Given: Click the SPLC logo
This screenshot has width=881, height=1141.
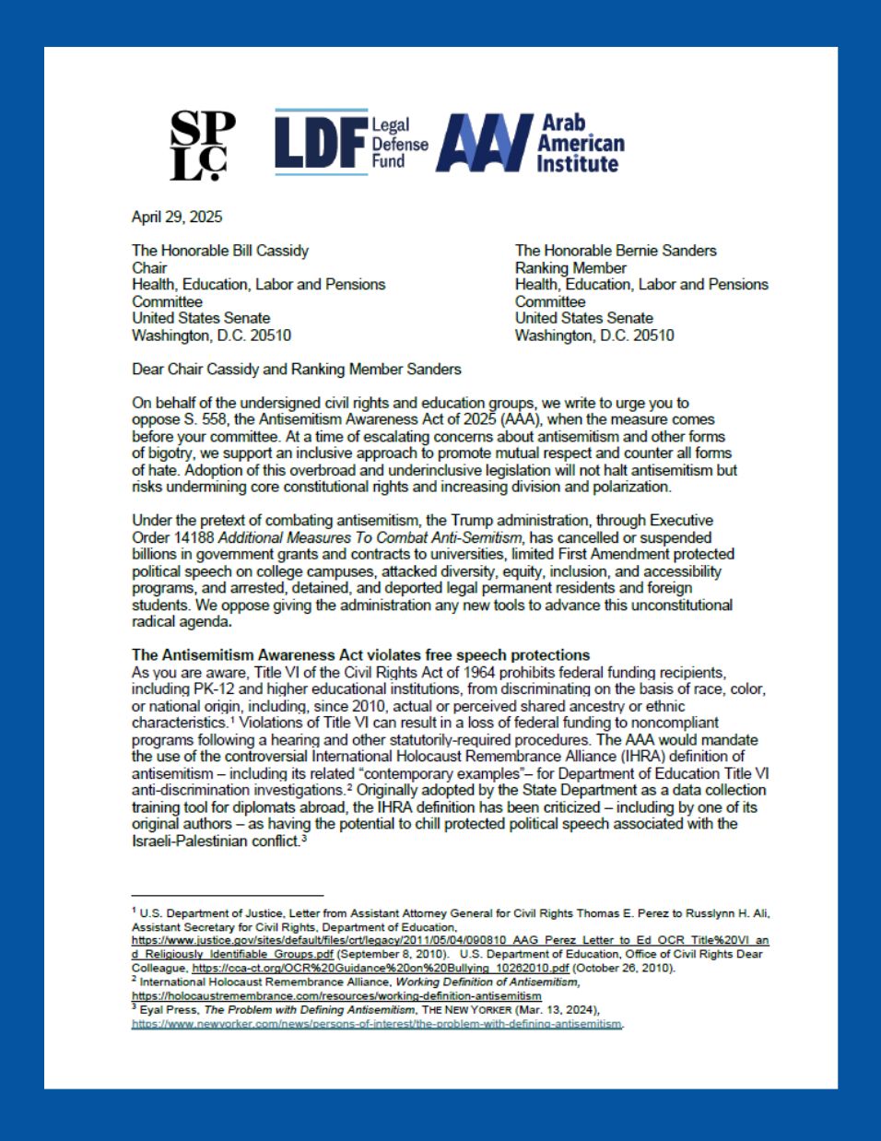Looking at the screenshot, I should tap(202, 145).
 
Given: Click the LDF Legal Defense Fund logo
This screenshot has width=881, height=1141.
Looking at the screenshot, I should tap(351, 143).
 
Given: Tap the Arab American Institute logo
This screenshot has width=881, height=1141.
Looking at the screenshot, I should tap(531, 143).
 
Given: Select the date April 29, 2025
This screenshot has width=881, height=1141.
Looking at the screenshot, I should tap(177, 218).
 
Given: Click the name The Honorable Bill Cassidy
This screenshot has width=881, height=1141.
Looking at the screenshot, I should tap(220, 251).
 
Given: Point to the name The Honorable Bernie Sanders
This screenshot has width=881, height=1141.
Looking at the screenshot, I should tap(616, 251).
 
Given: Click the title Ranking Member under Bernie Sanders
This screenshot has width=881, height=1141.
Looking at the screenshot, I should tap(570, 268).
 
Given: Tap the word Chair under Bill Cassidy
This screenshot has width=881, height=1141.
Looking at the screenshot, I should tap(149, 268).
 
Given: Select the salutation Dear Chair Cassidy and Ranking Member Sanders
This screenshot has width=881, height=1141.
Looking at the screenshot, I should tap(297, 370).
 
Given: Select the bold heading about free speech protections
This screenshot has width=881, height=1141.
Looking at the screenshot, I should tap(360, 655).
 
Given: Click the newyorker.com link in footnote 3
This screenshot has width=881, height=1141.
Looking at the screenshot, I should tap(377, 1024).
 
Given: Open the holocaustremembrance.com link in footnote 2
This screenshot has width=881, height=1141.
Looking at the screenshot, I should tap(336, 996).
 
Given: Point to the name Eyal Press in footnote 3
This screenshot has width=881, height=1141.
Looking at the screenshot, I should tap(169, 1010).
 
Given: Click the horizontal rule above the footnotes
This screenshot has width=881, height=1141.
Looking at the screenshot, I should tap(228, 895).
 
